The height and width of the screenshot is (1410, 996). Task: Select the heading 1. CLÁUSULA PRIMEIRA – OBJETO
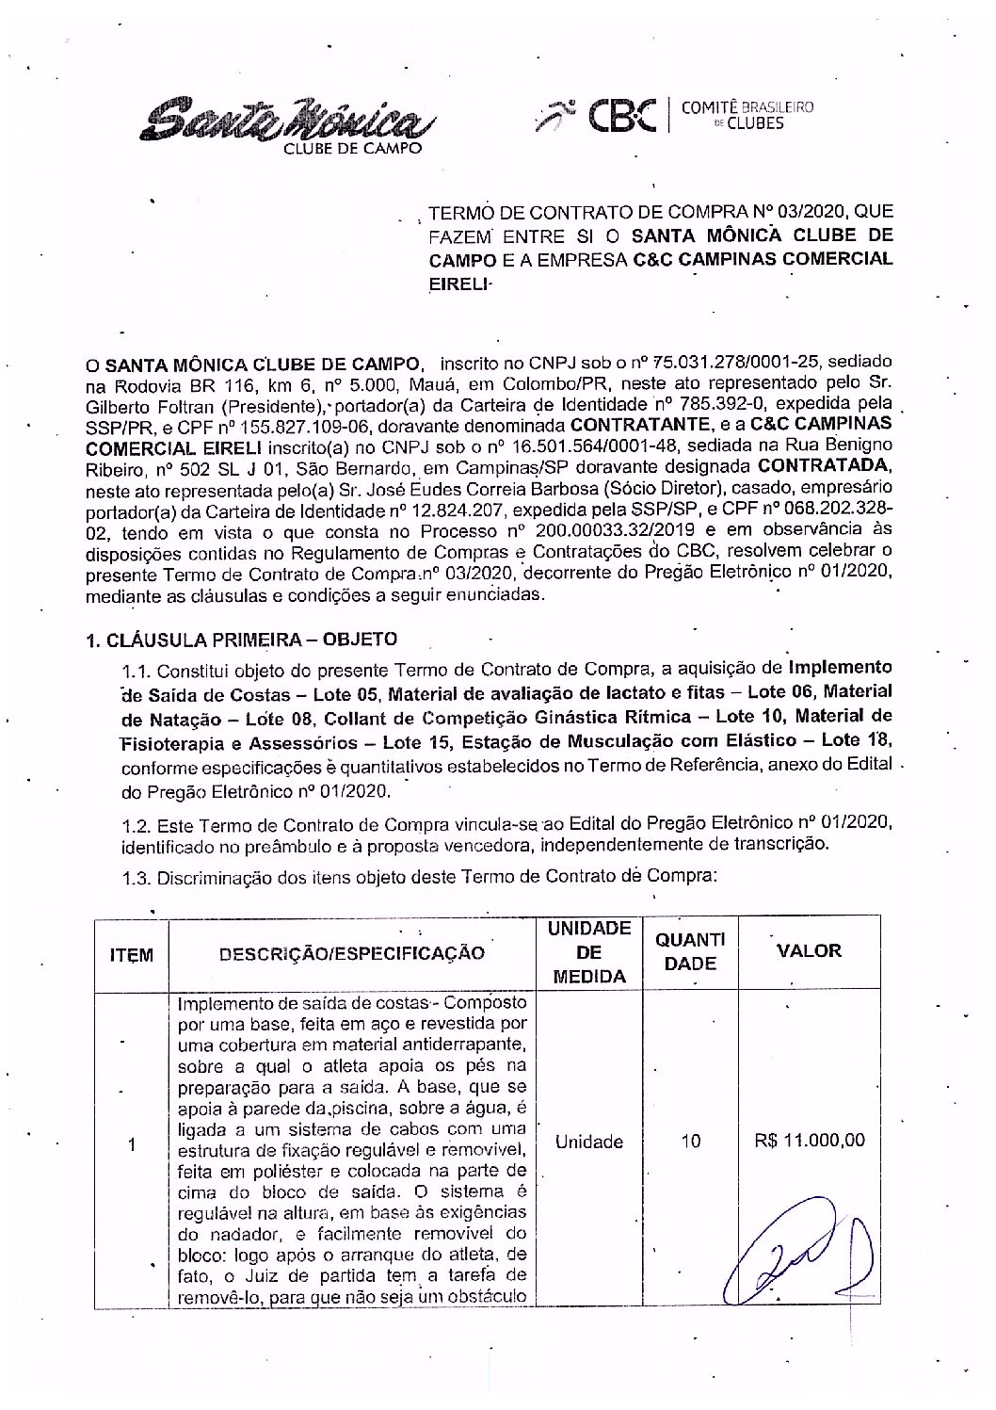[241, 640]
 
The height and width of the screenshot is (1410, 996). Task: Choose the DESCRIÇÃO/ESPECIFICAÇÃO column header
[352, 953]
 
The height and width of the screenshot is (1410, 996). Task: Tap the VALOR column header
[809, 950]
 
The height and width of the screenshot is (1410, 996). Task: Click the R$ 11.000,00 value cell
[810, 1141]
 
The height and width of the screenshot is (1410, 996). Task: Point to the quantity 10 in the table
[690, 1142]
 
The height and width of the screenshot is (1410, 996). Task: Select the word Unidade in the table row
[589, 1142]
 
